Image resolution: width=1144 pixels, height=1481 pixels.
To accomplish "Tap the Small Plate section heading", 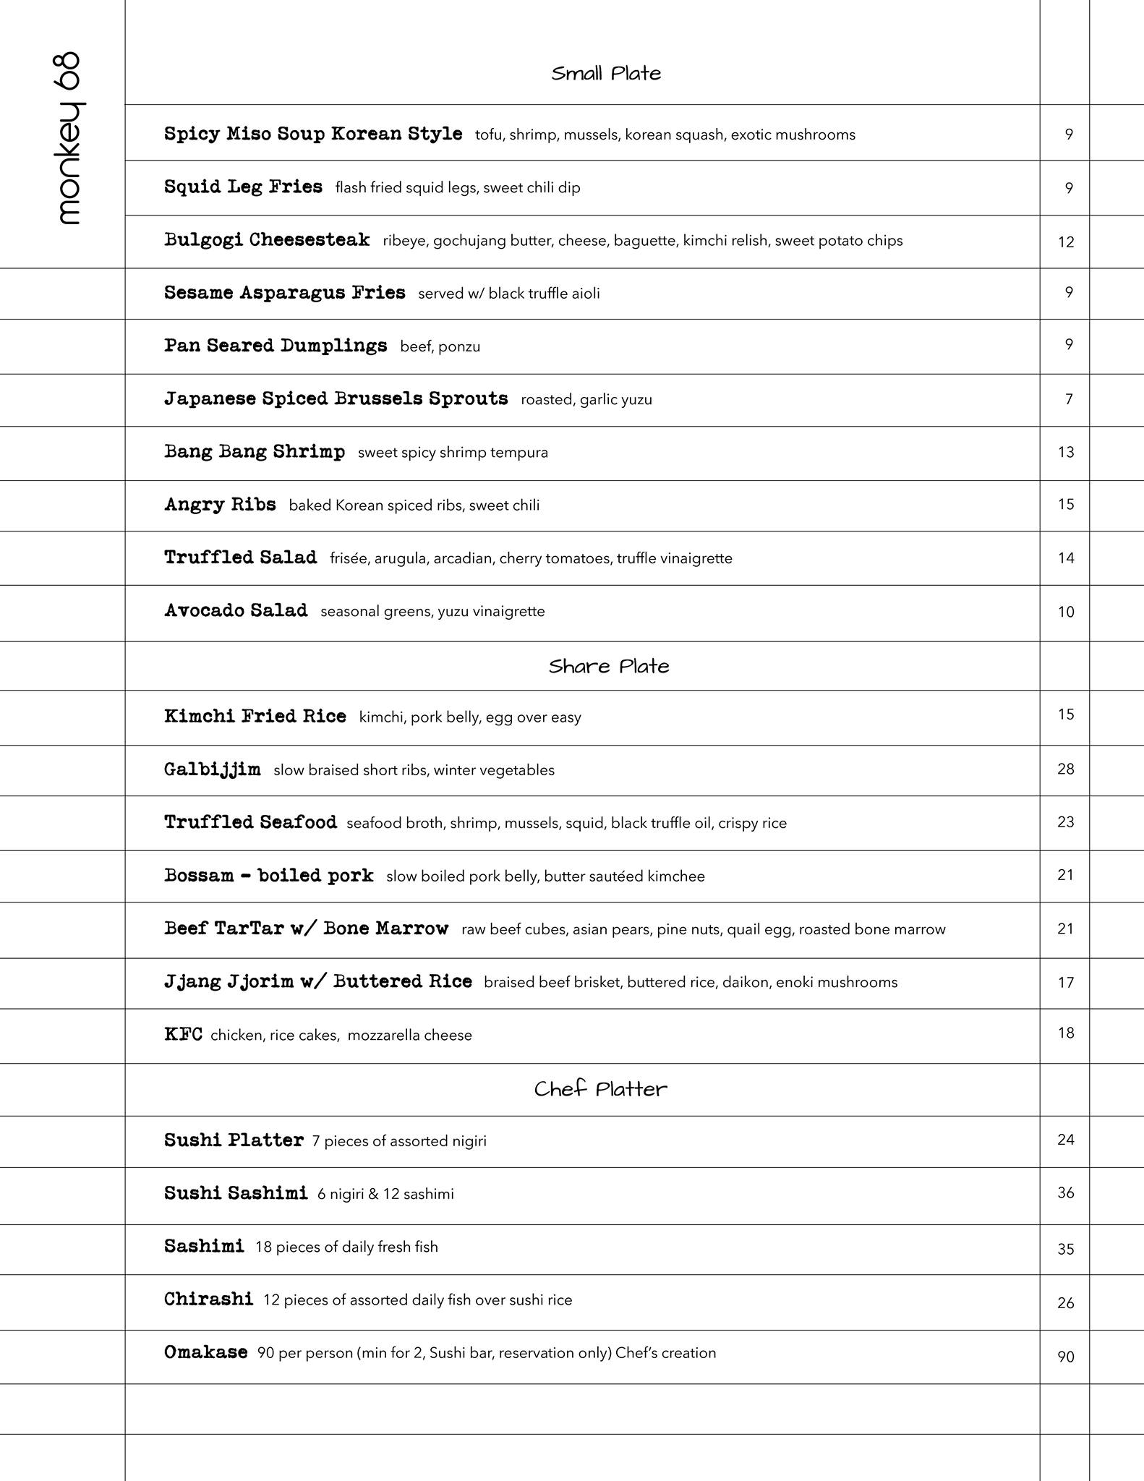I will point(606,74).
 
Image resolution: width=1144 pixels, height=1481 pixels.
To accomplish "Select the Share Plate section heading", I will point(609,666).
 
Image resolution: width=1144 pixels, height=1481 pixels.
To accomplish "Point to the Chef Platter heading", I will point(600,1089).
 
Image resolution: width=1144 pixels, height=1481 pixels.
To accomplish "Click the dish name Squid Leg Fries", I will point(243,187).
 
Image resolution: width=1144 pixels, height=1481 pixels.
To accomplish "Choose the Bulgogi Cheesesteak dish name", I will point(267,240).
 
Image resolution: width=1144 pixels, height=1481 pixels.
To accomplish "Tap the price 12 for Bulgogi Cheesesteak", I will point(1066,242).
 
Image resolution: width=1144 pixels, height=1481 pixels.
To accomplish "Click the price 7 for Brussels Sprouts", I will point(1069,399).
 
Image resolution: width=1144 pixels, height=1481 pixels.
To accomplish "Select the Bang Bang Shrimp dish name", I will point(255,452).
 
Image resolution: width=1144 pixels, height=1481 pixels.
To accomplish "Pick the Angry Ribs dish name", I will point(220,505).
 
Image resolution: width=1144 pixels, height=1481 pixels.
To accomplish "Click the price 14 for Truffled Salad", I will point(1066,558).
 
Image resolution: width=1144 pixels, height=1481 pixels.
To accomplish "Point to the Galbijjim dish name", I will point(212,769).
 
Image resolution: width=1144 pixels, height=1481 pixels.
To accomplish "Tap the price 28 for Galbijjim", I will point(1066,769).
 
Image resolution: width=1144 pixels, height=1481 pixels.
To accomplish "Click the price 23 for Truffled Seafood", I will point(1066,822).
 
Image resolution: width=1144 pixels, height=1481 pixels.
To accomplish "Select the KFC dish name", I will point(183,1034).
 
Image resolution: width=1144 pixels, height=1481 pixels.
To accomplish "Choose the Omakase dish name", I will point(205,1352).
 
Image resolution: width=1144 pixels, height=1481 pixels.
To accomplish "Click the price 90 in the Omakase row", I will point(1066,1357).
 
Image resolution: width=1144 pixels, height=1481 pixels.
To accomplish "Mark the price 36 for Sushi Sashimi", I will point(1066,1193).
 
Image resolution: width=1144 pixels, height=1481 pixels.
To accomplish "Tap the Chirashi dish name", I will point(208,1299).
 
